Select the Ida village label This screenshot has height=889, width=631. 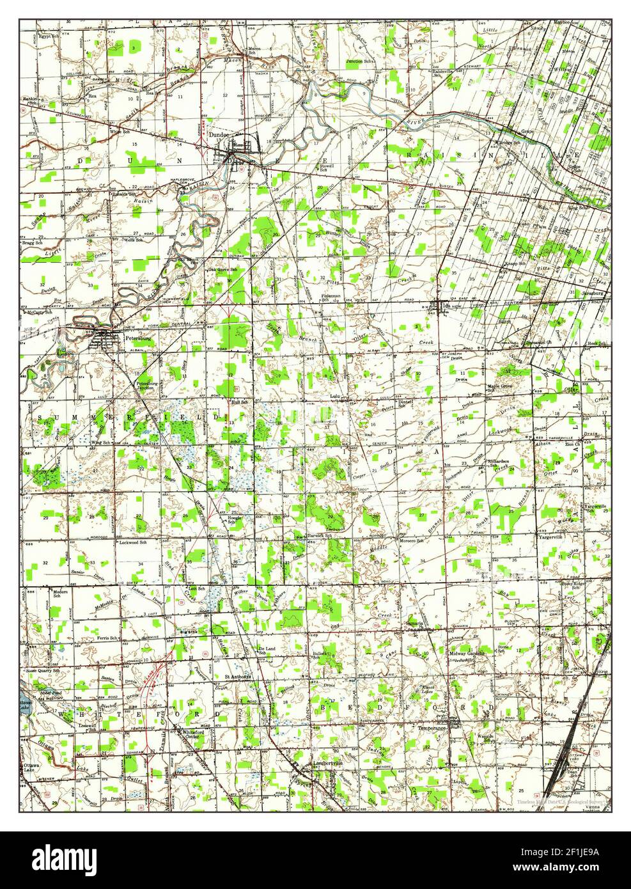click(446, 306)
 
